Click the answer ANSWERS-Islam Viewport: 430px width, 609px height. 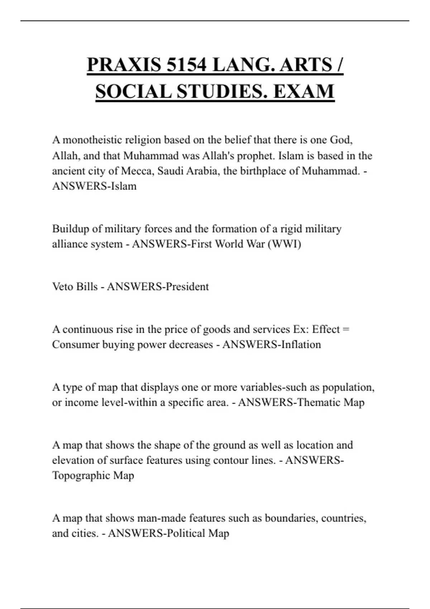click(94, 186)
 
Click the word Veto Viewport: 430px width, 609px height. click(63, 287)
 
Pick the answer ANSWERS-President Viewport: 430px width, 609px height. click(158, 287)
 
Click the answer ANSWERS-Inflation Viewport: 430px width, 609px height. click(272, 345)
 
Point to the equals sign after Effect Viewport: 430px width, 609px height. click(346, 329)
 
